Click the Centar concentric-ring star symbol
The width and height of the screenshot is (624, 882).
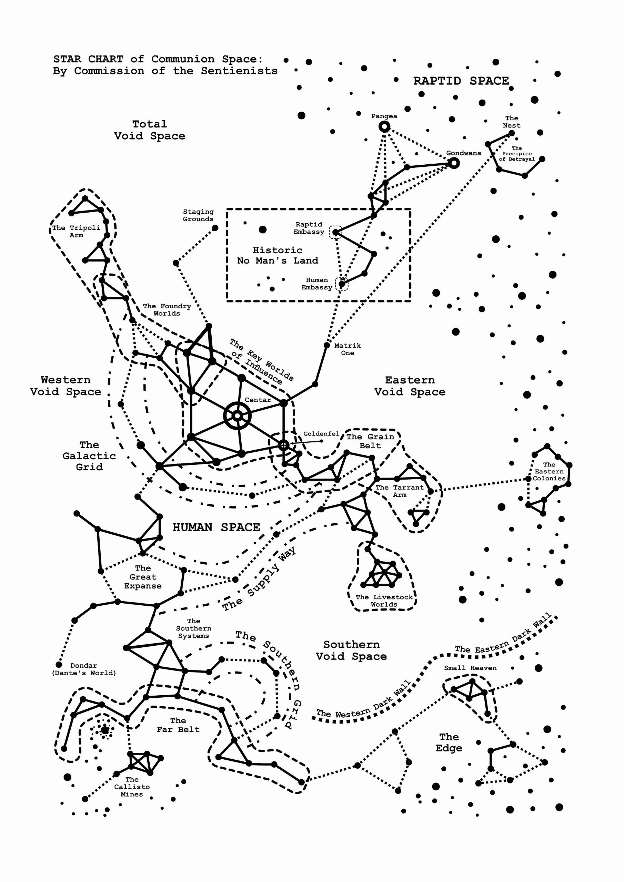click(x=237, y=416)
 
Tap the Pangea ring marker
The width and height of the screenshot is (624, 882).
click(x=384, y=126)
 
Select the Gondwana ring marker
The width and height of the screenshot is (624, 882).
click(x=454, y=163)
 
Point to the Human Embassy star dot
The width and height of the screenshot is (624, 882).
click(x=341, y=284)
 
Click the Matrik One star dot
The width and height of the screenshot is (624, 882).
click(x=326, y=345)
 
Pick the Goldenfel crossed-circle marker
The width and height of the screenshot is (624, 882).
click(x=283, y=445)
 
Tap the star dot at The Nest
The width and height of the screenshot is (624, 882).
click(x=512, y=133)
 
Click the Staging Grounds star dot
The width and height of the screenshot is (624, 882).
click(x=215, y=228)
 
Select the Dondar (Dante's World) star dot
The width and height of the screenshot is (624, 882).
click(x=59, y=664)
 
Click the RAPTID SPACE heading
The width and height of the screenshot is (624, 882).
click(x=461, y=81)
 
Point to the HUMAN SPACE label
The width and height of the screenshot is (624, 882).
click(x=216, y=527)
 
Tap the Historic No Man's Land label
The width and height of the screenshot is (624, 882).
click(x=278, y=255)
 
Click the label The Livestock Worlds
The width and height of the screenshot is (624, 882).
click(x=384, y=601)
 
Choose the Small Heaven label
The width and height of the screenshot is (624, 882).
click(x=470, y=668)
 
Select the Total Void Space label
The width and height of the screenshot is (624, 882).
click(x=150, y=130)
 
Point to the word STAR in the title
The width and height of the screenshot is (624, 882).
click(x=67, y=59)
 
